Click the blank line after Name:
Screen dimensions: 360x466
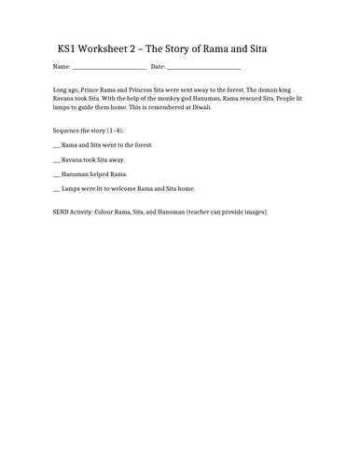coord(108,68)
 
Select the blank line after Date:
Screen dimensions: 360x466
coord(204,68)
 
